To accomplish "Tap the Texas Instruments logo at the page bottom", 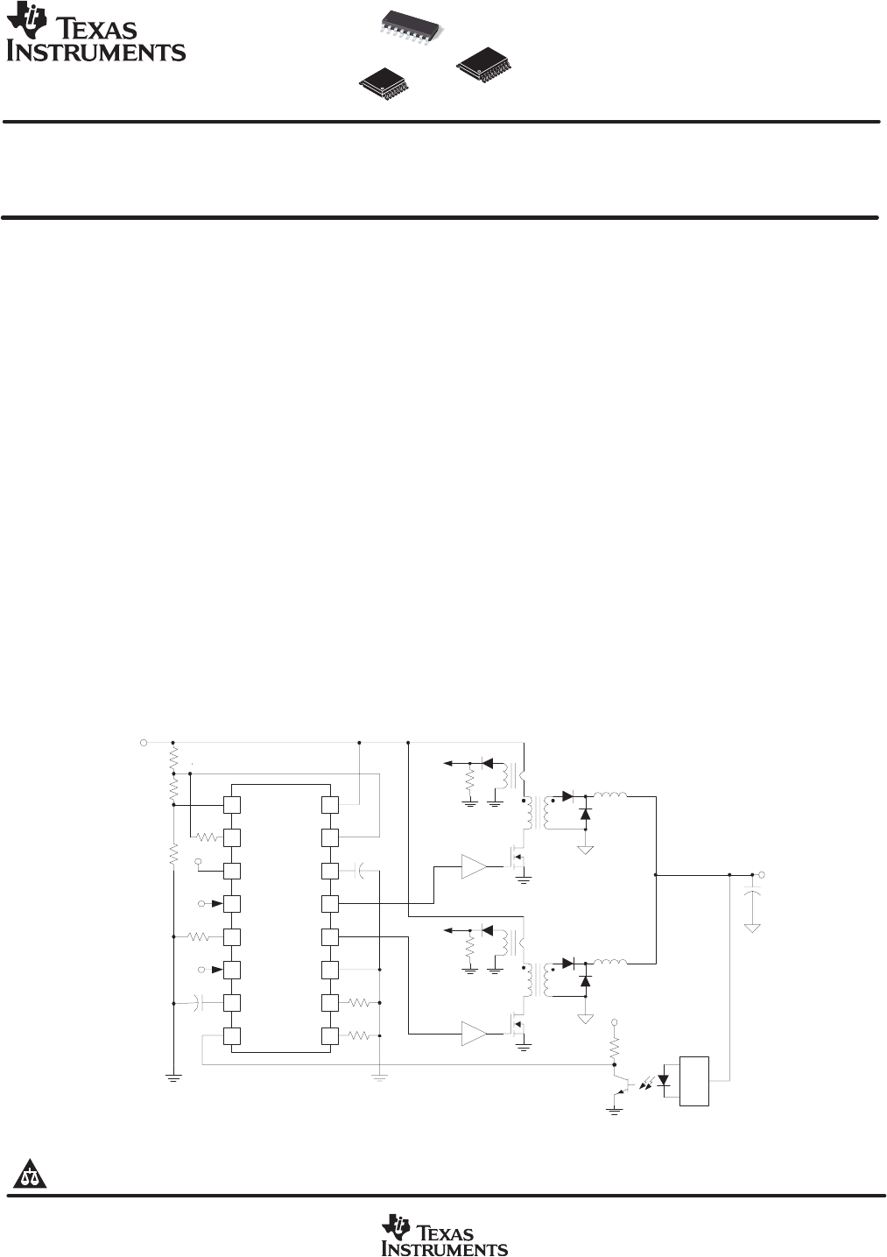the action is pyautogui.click(x=444, y=1235).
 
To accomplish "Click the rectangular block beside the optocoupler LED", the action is pyautogui.click(x=693, y=1081).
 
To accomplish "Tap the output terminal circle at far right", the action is pyautogui.click(x=762, y=874).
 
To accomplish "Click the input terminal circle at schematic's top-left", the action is pyautogui.click(x=144, y=742).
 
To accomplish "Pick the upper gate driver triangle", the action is pyautogui.click(x=474, y=866).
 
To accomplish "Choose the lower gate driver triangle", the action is pyautogui.click(x=474, y=1035).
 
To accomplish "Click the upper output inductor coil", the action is pyautogui.click(x=610, y=795).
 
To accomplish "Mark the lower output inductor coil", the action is pyautogui.click(x=610, y=963).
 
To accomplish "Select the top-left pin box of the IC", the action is pyautogui.click(x=232, y=805).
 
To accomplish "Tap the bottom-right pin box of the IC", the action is pyautogui.click(x=329, y=1036).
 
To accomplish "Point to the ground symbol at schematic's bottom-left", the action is pyautogui.click(x=173, y=1077).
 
